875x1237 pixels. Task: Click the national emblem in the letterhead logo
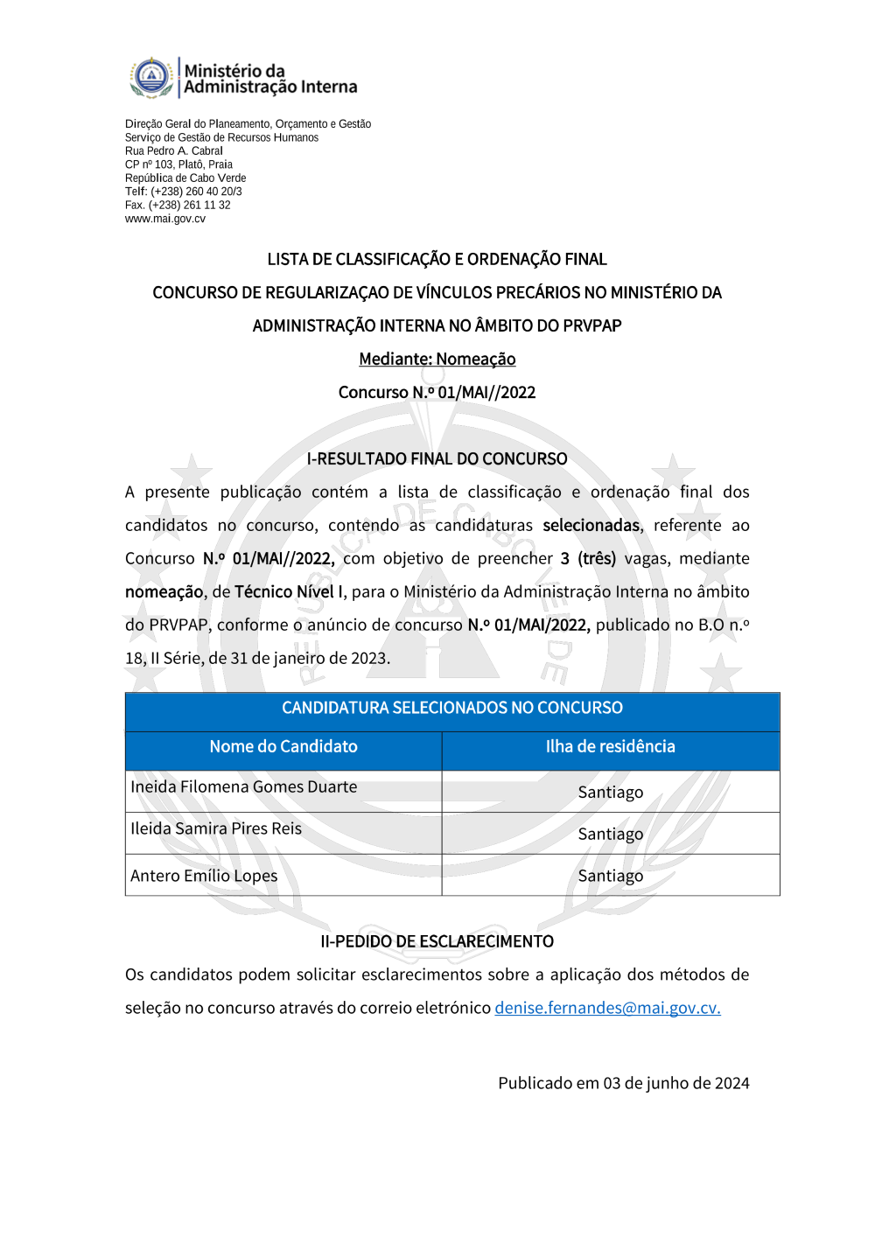pyautogui.click(x=152, y=77)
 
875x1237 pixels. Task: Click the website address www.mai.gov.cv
pyautogui.click(x=165, y=219)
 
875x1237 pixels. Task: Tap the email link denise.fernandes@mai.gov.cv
pyautogui.click(x=607, y=1008)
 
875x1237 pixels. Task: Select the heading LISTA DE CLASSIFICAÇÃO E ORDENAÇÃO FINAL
pyautogui.click(x=437, y=259)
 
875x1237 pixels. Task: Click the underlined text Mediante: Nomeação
pyautogui.click(x=437, y=359)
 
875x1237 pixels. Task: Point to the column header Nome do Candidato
pyautogui.click(x=283, y=746)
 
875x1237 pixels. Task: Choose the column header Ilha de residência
pyautogui.click(x=610, y=746)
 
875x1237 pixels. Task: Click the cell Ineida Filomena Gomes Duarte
pyautogui.click(x=244, y=786)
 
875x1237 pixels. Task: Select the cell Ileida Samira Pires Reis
pyautogui.click(x=216, y=828)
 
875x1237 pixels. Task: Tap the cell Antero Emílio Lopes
pyautogui.click(x=204, y=876)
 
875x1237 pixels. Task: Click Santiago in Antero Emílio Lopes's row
pyautogui.click(x=610, y=876)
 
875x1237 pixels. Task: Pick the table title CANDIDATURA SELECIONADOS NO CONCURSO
pyautogui.click(x=451, y=708)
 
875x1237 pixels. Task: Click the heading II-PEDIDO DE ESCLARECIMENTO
pyautogui.click(x=437, y=941)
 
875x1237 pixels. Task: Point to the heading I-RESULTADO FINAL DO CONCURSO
pyautogui.click(x=437, y=458)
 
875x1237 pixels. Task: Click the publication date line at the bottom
pyautogui.click(x=623, y=1083)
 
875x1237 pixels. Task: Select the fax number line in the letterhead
pyautogui.click(x=178, y=205)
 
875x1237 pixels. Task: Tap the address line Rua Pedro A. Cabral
pyautogui.click(x=174, y=150)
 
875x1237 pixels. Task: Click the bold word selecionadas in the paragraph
pyautogui.click(x=591, y=525)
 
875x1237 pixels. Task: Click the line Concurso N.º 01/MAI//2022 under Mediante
pyautogui.click(x=437, y=392)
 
